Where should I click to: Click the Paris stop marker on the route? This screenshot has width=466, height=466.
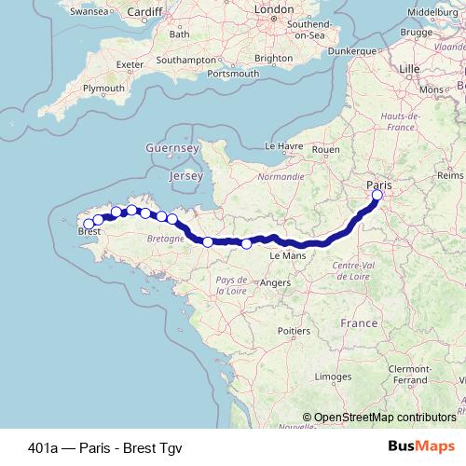[377, 196]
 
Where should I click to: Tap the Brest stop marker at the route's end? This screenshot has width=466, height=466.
[89, 224]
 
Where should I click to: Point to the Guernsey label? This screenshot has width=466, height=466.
[172, 148]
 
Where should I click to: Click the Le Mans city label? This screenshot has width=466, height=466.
[287, 254]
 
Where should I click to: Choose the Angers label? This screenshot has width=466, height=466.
[276, 282]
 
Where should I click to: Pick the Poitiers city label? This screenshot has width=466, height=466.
[294, 330]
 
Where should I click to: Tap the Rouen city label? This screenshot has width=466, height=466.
[325, 148]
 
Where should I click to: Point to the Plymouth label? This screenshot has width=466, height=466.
[103, 88]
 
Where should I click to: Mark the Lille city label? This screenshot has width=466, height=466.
[409, 69]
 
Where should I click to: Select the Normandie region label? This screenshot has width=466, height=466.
[281, 175]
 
